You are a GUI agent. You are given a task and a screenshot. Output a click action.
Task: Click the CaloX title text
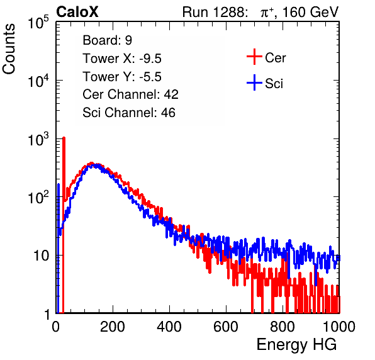(x=77, y=12)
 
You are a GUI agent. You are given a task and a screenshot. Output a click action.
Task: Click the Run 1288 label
(x=214, y=12)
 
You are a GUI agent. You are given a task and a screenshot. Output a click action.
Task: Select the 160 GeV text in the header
(x=311, y=12)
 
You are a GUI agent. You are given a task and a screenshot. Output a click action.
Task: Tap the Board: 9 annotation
(x=107, y=40)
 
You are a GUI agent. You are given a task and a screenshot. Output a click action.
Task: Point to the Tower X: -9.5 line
(x=122, y=59)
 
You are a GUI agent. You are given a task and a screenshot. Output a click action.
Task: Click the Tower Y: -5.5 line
(x=122, y=77)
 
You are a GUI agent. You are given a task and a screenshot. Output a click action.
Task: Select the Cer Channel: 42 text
(x=130, y=94)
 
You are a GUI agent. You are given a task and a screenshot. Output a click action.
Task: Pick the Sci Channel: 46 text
(x=129, y=113)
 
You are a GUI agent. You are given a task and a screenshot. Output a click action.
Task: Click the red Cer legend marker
(x=254, y=57)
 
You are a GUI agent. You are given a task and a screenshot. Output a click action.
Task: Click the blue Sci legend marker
(x=254, y=83)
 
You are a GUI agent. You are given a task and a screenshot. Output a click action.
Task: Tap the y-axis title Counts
(x=9, y=49)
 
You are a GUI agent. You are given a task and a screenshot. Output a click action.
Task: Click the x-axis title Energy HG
(x=296, y=345)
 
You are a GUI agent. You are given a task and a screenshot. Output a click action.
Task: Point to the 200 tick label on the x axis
(x=113, y=326)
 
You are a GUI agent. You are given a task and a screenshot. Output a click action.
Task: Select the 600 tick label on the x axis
(x=226, y=326)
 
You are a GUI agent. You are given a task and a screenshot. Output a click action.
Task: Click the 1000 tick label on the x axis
(x=339, y=326)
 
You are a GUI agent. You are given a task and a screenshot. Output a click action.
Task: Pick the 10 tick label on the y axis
(x=41, y=256)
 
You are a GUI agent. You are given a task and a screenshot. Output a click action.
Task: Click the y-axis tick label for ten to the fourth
(x=38, y=81)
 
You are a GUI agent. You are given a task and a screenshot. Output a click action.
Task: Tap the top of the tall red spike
(x=64, y=138)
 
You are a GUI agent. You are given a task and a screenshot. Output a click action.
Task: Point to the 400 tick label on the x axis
(x=169, y=326)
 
